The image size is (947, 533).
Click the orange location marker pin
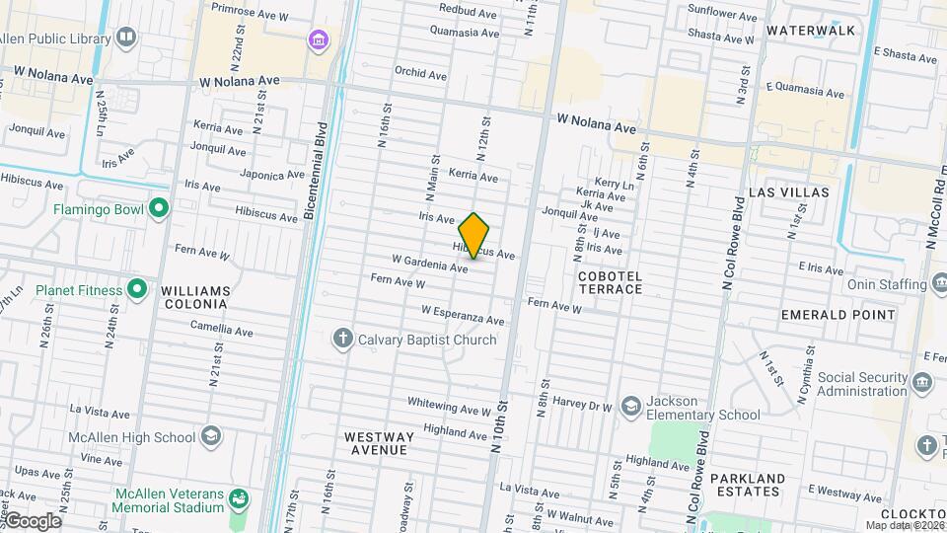click(474, 236)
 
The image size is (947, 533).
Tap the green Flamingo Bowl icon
click(158, 208)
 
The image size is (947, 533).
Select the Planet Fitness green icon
click(138, 290)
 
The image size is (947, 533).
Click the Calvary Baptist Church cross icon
click(343, 340)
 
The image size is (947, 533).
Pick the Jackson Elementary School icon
click(630, 407)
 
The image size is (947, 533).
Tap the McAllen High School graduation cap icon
click(211, 436)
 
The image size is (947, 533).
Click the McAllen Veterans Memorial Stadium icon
click(238, 499)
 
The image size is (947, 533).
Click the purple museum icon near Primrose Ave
click(318, 40)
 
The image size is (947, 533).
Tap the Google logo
click(33, 520)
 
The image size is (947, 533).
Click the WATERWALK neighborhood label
click(812, 31)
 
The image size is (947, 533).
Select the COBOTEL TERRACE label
click(611, 282)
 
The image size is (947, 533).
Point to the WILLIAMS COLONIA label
click(195, 297)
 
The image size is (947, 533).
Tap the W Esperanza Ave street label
click(463, 316)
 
